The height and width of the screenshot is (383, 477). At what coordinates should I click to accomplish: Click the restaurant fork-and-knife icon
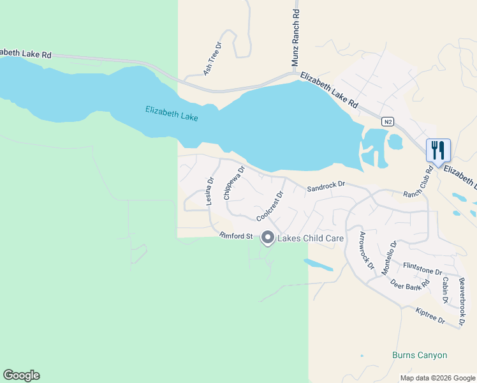click(x=438, y=150)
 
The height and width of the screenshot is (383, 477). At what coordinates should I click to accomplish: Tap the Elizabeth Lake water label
click(x=172, y=114)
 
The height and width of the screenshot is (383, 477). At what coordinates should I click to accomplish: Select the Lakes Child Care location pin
click(x=267, y=238)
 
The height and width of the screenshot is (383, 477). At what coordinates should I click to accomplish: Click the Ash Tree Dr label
click(x=212, y=59)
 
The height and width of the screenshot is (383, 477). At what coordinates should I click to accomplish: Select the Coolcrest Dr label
click(x=270, y=206)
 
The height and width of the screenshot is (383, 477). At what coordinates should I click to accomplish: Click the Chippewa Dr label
click(x=234, y=184)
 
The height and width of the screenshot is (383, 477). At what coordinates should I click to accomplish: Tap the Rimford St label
click(x=237, y=236)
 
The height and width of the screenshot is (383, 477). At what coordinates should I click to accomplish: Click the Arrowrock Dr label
click(x=366, y=250)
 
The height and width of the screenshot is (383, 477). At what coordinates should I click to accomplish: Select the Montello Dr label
click(x=389, y=257)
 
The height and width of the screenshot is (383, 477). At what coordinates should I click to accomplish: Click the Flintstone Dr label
click(x=422, y=268)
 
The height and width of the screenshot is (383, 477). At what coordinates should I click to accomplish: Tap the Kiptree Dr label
click(x=430, y=315)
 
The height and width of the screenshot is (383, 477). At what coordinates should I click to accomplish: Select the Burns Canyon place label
click(x=419, y=355)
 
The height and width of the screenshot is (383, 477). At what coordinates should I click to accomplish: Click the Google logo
click(x=21, y=375)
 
